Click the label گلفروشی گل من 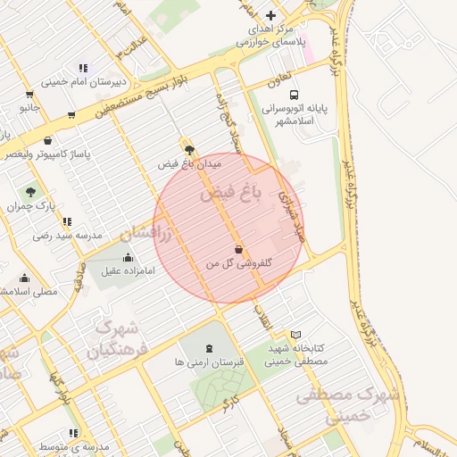coord(238,264)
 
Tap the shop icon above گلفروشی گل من coord(238,249)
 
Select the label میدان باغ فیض coord(189,164)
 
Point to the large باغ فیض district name coord(230,193)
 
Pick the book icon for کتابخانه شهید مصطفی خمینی coord(296,335)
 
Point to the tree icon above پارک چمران coord(31,192)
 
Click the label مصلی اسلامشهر coord(31,291)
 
